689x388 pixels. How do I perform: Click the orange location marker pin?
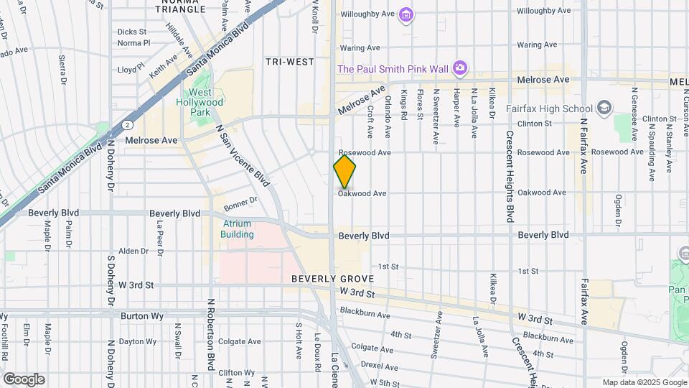pos(344,172)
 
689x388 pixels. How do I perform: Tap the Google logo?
pos(24,379)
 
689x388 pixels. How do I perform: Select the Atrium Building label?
pos(237,229)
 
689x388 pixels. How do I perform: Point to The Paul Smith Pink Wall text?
pos(393,69)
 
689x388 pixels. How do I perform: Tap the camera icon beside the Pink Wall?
pos(460,69)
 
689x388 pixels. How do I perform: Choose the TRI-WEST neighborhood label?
pos(290,63)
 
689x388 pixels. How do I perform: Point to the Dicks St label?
pos(132,32)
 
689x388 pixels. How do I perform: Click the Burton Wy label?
pos(138,315)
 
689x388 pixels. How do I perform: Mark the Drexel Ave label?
pos(380,365)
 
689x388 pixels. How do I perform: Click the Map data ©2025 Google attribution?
pos(644,382)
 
